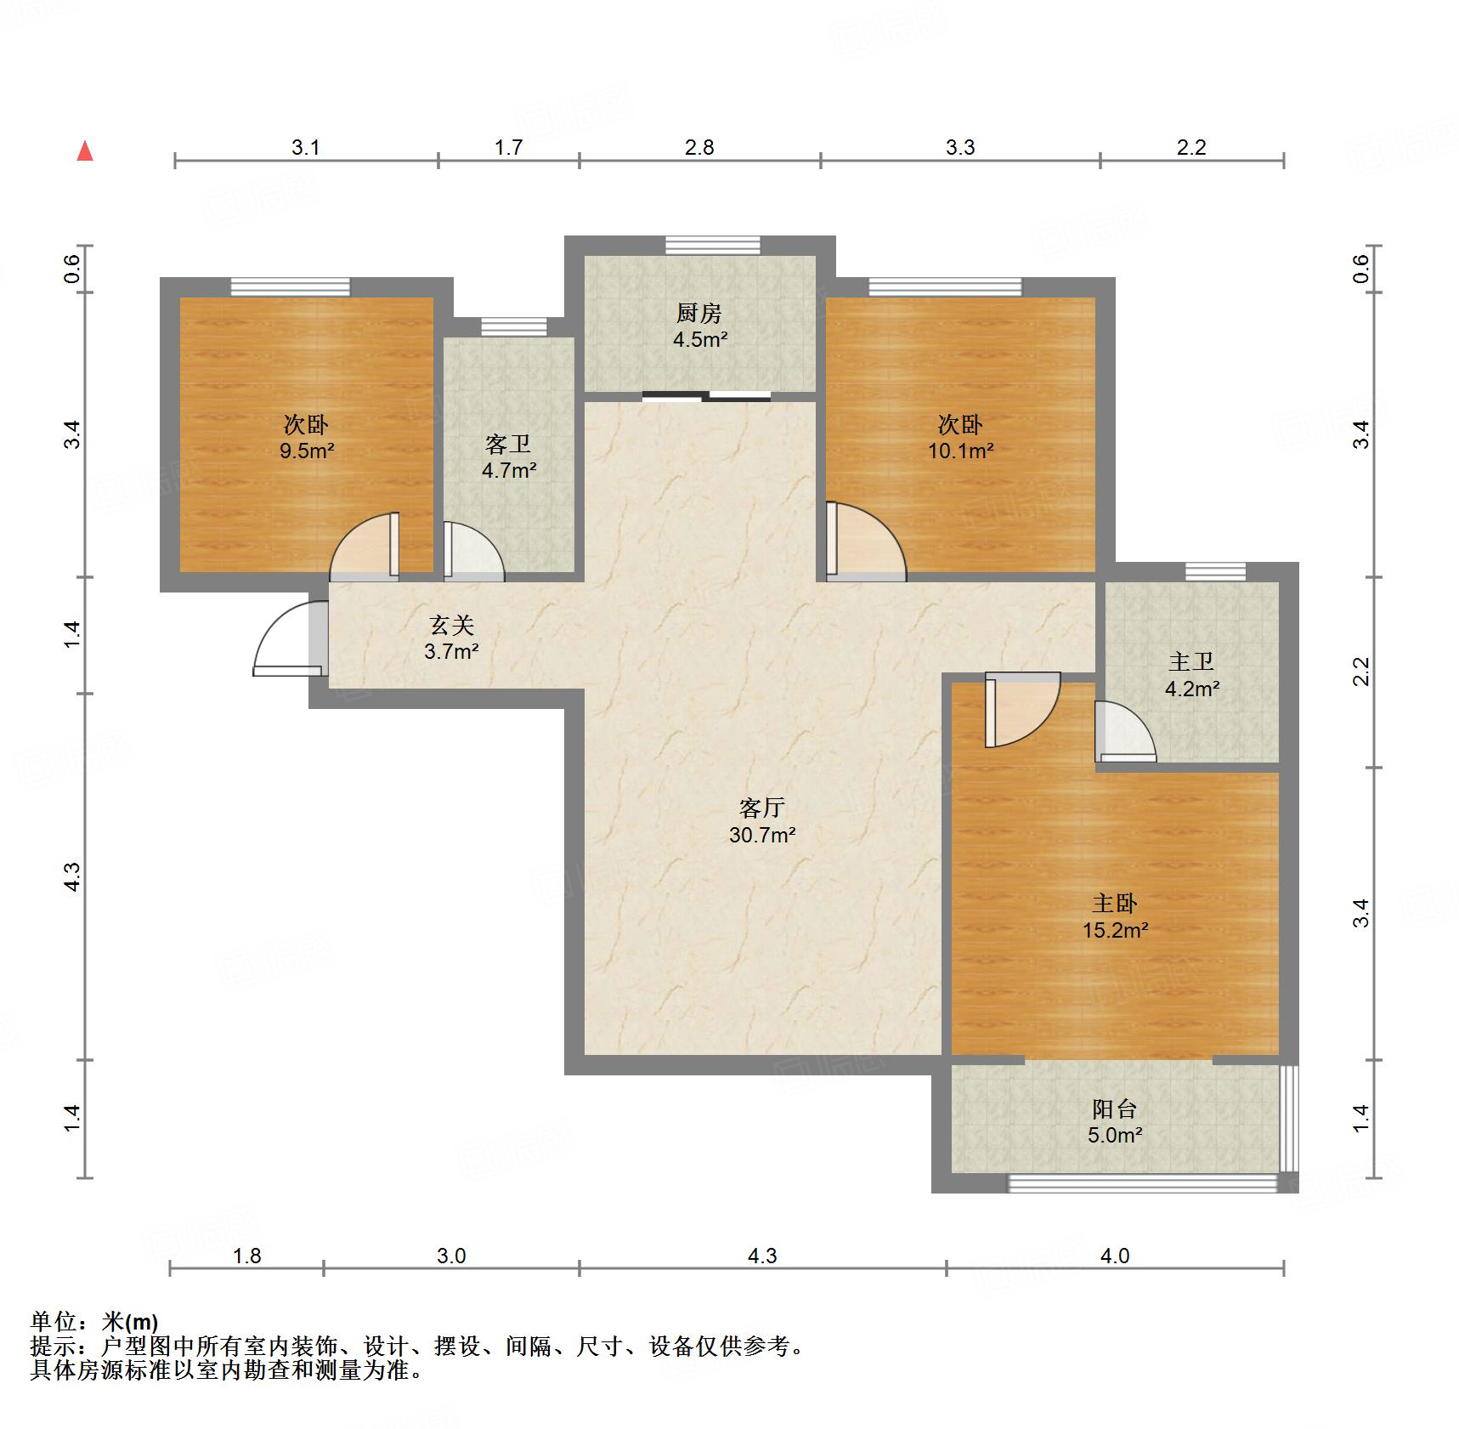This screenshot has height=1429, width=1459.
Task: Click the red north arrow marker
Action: coord(85,151)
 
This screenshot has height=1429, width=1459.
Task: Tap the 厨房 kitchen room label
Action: coord(699,314)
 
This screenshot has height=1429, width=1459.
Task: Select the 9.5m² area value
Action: coord(307,451)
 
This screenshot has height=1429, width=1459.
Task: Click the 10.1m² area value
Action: coord(960,451)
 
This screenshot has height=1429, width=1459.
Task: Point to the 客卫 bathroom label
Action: coord(508,444)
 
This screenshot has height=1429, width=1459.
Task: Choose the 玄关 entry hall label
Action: coord(451,626)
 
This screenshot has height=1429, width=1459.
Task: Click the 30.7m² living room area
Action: coord(762,835)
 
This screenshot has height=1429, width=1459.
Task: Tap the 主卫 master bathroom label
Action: coord(1191,661)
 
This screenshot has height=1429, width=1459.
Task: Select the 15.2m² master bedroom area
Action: coord(1115,930)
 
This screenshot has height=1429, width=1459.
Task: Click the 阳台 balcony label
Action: coord(1114,1109)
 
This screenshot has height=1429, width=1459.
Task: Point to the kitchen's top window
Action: coord(712,245)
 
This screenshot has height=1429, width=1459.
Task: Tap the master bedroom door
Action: coord(1022,710)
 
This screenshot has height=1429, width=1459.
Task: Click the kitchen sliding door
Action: coord(706,395)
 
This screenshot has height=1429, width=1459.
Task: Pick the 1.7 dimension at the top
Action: coord(508,148)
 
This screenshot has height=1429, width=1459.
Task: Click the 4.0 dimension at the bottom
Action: coord(1115,1256)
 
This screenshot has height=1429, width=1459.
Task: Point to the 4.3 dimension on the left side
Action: coord(73,876)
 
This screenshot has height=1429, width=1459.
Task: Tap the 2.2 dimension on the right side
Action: coord(1362,672)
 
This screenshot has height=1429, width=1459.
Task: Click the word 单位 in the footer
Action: coord(54,1322)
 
